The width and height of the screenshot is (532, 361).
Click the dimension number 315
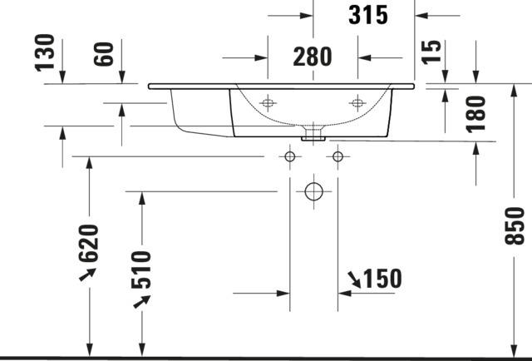368,15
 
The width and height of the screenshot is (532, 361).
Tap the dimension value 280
313,57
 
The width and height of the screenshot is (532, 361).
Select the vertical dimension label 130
45,52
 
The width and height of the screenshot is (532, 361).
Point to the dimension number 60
103,54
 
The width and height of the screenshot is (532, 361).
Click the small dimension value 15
431,52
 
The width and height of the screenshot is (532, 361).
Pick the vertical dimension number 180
475,115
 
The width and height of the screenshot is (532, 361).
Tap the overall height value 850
515,226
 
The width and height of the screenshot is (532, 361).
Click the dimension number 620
89,243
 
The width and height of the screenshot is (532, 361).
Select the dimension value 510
141,270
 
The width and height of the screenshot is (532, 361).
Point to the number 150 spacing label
382,279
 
